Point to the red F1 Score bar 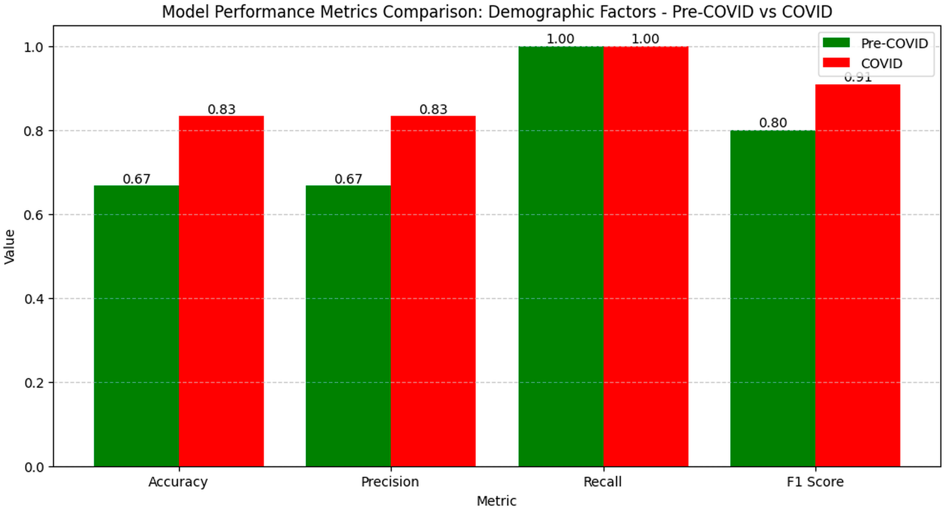pyautogui.click(x=858, y=275)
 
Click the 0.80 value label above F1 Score pyautogui.click(x=773, y=123)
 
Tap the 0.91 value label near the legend pyautogui.click(x=858, y=78)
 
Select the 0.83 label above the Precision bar pyautogui.click(x=433, y=109)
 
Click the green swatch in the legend pyautogui.click(x=836, y=43)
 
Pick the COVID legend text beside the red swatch pyautogui.click(x=881, y=64)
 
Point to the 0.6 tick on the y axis pyautogui.click(x=34, y=214)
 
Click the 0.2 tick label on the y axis pyautogui.click(x=34, y=383)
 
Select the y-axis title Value pyautogui.click(x=9, y=246)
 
